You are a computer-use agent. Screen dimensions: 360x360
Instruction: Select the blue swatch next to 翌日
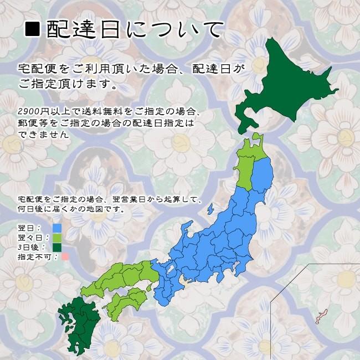coord(56,228)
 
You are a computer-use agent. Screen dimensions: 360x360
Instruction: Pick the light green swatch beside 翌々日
coord(56,238)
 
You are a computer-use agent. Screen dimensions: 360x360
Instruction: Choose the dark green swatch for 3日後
coord(56,247)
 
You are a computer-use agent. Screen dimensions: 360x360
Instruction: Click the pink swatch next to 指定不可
coord(65,256)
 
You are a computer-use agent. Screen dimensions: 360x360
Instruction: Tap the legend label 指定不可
coord(34,257)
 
